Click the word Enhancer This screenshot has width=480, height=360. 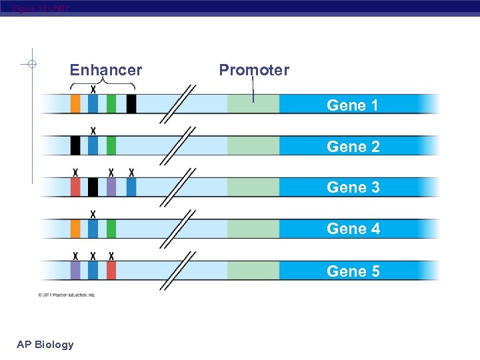click(106, 70)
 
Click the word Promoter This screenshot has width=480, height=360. click(254, 70)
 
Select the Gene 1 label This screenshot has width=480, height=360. click(353, 105)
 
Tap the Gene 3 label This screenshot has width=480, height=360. click(353, 187)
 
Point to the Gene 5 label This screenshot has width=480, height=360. click(353, 271)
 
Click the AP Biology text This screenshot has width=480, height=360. click(45, 345)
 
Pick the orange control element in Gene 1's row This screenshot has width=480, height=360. click(75, 104)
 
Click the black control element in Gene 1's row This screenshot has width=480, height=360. click(131, 104)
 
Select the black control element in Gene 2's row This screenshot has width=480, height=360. click(75, 145)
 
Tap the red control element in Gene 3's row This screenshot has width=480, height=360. click(75, 187)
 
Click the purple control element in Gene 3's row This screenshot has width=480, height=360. click(111, 187)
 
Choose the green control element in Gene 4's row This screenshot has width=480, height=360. click(111, 229)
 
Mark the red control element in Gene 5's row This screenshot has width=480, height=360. click(111, 270)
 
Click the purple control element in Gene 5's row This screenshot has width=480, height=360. click(75, 270)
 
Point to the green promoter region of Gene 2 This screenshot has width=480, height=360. click(253, 145)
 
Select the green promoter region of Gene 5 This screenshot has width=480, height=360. click(253, 270)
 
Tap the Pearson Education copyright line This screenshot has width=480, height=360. click(67, 294)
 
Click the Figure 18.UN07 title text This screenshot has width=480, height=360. click(40, 8)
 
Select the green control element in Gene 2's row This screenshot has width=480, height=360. click(111, 145)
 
